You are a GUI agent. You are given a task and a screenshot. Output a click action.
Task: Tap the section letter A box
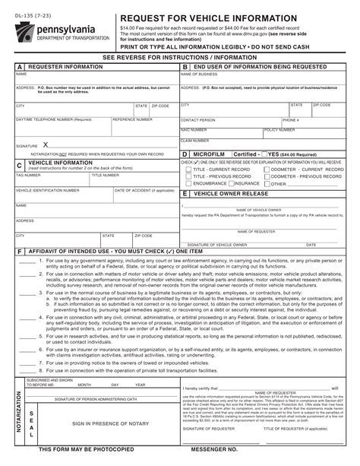point(20,68)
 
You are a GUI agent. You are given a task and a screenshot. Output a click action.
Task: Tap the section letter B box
point(185,68)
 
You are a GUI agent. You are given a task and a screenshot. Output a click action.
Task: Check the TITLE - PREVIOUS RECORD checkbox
point(188,176)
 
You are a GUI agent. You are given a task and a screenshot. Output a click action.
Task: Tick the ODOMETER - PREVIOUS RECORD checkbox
point(266,176)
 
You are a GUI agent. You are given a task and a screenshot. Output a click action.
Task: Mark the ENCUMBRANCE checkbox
point(188,183)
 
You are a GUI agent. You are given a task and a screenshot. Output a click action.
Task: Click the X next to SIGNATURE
point(46,144)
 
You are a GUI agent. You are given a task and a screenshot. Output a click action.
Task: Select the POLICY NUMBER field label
point(279,130)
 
